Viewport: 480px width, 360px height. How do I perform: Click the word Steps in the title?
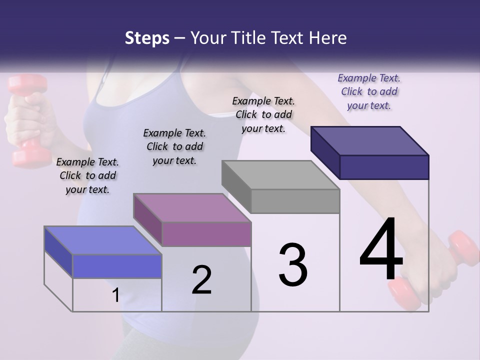point(147,38)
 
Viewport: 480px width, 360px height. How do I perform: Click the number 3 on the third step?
point(293,265)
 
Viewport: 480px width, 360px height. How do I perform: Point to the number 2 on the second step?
point(202,280)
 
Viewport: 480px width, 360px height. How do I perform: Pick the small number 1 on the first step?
point(115,295)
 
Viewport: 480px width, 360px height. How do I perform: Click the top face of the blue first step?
point(102,240)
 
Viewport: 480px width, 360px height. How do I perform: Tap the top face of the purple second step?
point(192,207)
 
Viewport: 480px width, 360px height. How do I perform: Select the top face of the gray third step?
point(281,175)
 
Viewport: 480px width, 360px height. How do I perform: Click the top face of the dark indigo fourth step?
point(370,141)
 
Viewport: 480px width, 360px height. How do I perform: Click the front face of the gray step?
point(295,201)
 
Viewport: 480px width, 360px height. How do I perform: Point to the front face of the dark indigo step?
point(384,167)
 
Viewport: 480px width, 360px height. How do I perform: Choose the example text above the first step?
point(87,175)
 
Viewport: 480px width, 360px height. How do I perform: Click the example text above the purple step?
point(174,146)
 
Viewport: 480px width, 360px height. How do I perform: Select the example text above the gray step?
point(263,114)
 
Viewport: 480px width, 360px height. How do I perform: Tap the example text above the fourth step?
point(369,91)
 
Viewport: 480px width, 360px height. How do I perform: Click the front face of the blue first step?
point(117,266)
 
